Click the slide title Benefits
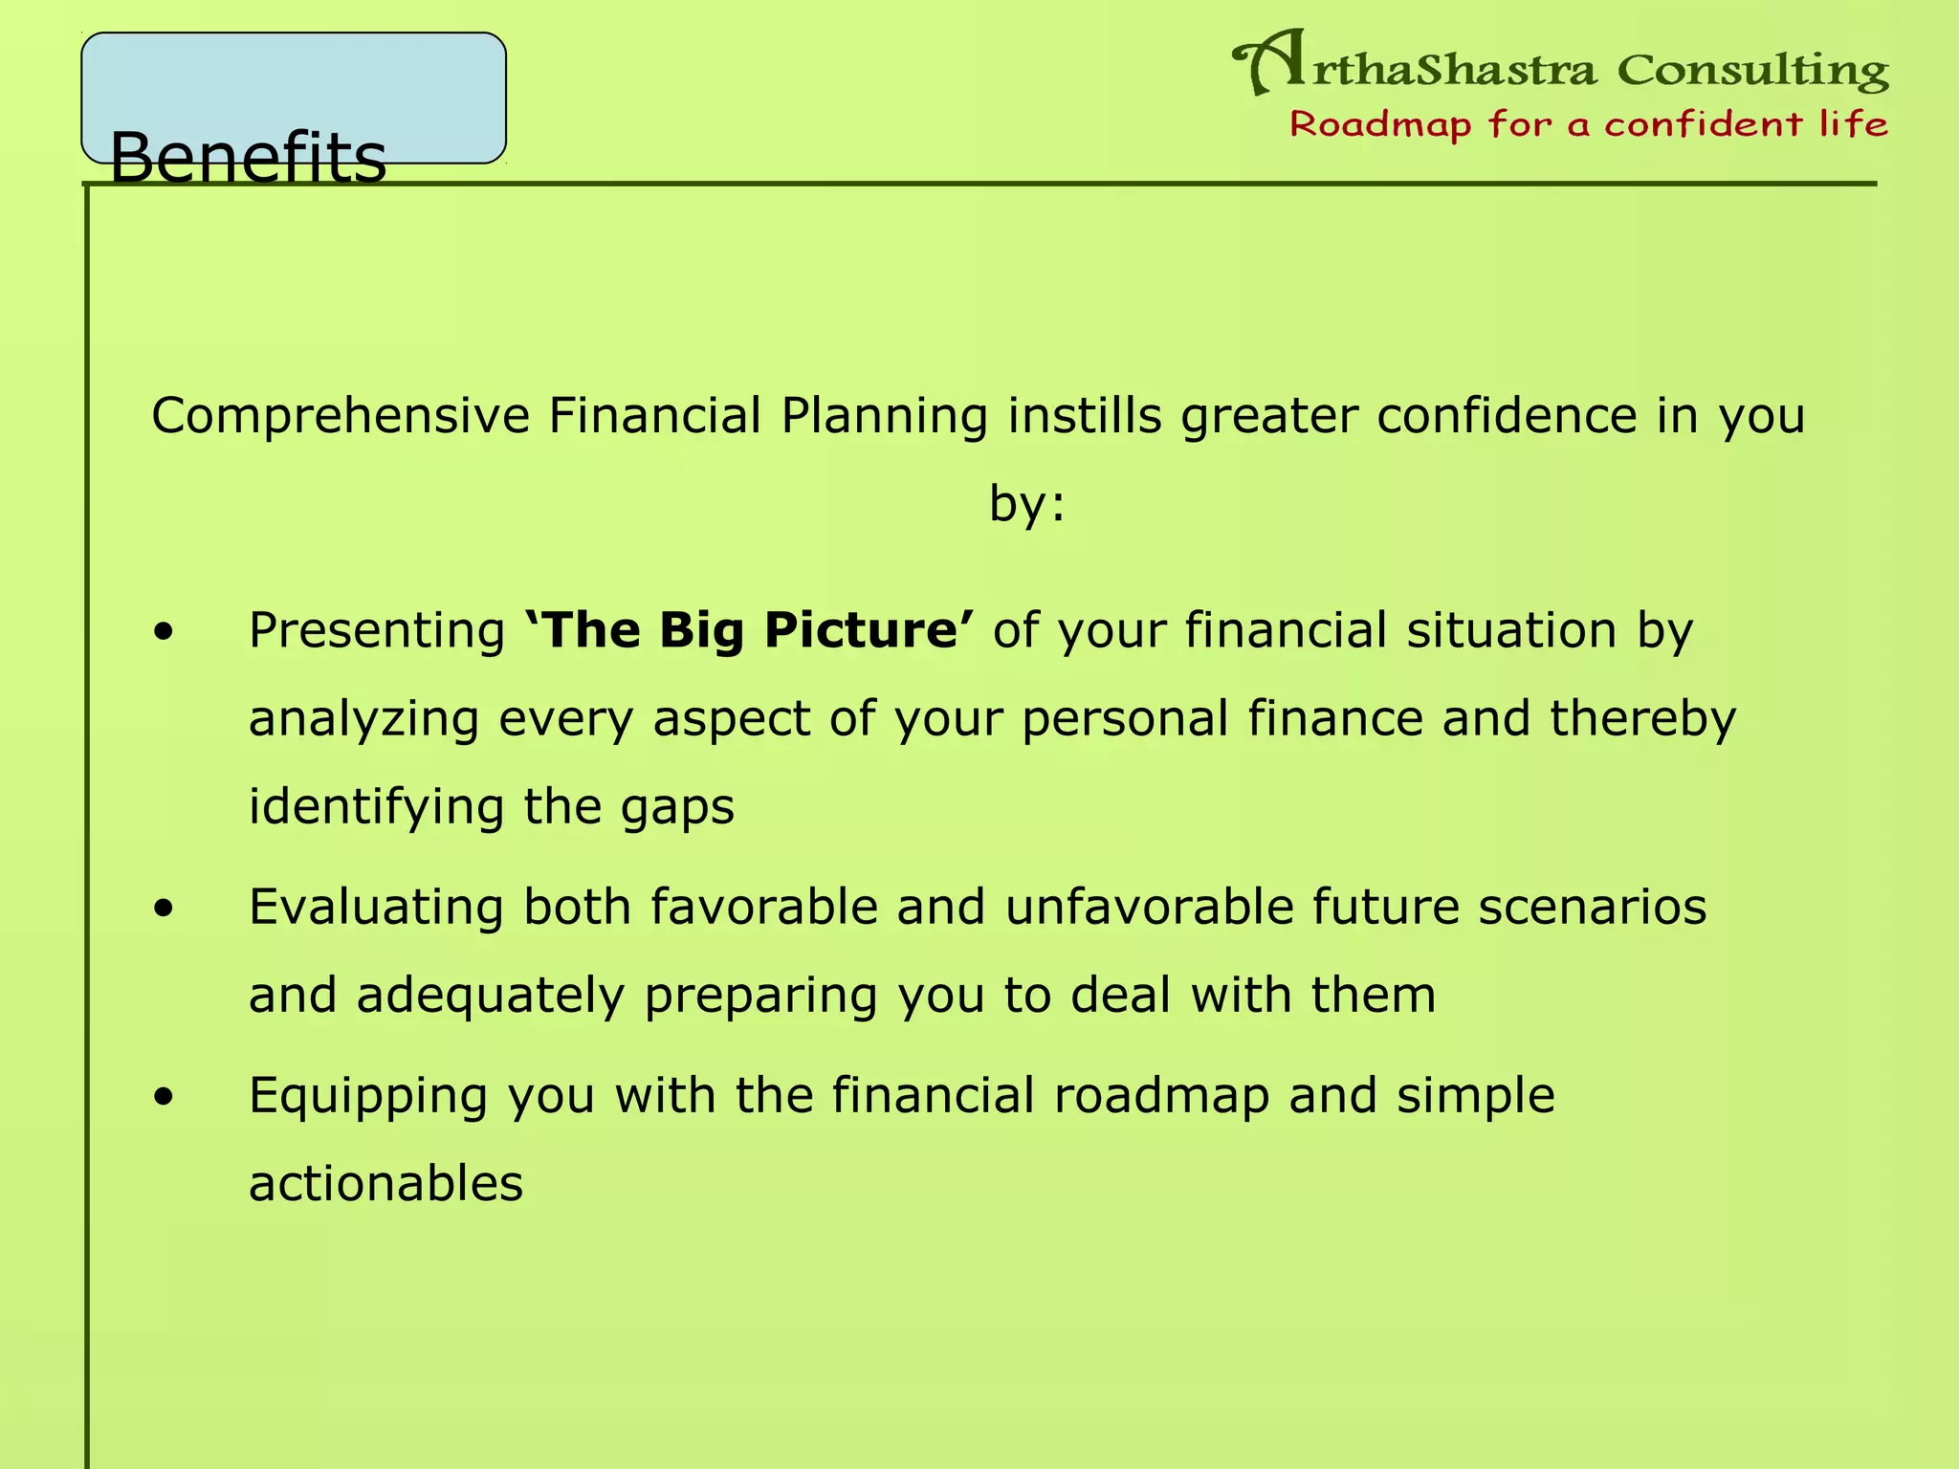(248, 157)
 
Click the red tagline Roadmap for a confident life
(1589, 124)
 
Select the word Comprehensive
(341, 416)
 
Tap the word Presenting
(377, 631)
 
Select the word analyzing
(363, 719)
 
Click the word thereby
(1642, 718)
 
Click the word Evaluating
(376, 907)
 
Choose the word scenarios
(1592, 907)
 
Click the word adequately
(490, 996)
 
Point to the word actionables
(385, 1183)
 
